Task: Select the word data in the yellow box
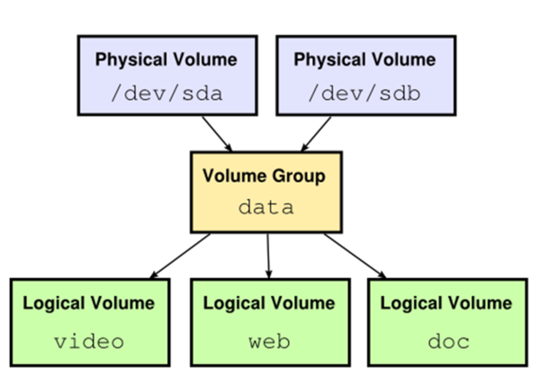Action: (265, 207)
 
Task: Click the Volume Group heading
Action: (265, 176)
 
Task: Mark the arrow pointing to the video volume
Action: (180, 255)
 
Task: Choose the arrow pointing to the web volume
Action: (267, 255)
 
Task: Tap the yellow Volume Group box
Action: (265, 192)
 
